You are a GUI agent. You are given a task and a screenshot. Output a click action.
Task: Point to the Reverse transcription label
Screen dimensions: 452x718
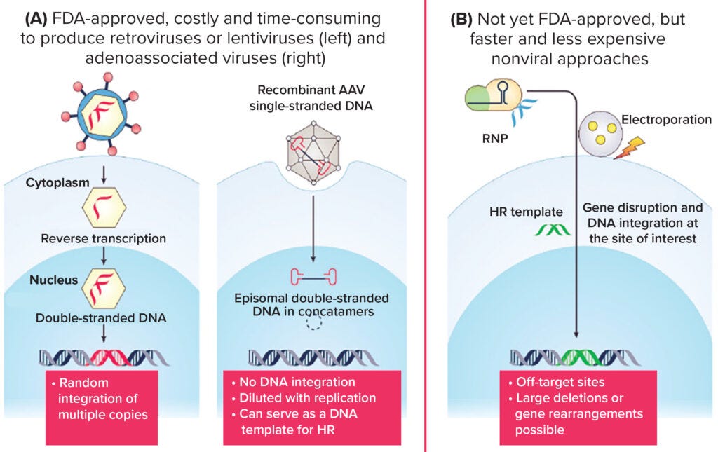(x=104, y=238)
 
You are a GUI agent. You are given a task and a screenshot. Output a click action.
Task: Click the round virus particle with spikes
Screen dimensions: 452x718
(x=103, y=114)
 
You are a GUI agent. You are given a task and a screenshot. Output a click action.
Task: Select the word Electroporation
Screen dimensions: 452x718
(x=668, y=120)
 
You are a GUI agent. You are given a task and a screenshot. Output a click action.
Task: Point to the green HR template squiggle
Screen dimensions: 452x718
(x=550, y=229)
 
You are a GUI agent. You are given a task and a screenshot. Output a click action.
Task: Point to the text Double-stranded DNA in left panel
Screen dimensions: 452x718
(x=101, y=317)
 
